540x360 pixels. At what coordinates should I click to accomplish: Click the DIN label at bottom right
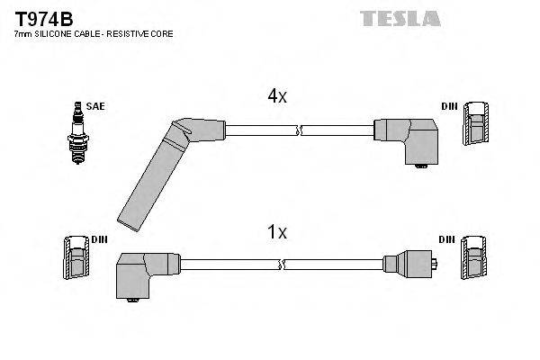point(447,239)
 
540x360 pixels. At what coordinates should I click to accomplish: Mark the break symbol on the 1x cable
point(284,265)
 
